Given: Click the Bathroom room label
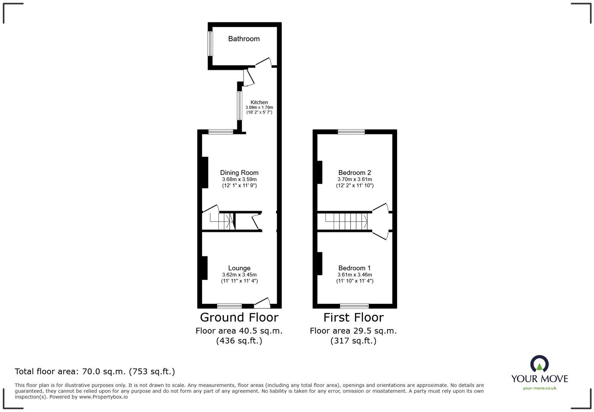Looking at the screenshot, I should (244, 39).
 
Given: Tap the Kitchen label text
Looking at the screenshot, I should (259, 102).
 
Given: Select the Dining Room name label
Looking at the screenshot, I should (239, 173).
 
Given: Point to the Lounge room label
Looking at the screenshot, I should (239, 268).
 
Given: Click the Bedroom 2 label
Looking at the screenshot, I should (355, 173).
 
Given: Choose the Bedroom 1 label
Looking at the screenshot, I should (355, 268).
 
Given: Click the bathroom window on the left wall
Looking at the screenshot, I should (210, 44).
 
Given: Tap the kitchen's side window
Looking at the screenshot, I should (239, 106).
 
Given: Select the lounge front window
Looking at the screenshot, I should (229, 306).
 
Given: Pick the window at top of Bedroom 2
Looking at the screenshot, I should (351, 132).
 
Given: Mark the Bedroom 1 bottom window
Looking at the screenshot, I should (354, 306).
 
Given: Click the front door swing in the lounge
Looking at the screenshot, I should (262, 301).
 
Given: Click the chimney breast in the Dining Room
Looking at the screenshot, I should (205, 172).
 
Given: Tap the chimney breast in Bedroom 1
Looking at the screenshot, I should (320, 264).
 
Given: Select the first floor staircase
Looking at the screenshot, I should (351, 221).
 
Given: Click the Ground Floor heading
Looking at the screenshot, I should (239, 317).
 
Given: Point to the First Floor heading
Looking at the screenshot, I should (353, 317).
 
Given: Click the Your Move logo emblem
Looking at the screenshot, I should (539, 364).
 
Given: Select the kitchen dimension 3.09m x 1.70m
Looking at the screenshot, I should (259, 108).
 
